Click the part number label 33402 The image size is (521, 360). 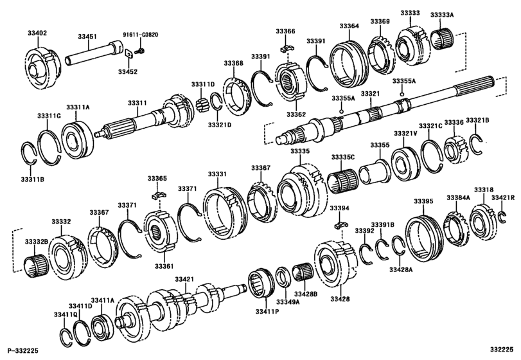coord(37,33)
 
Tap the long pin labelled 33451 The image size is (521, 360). coord(94,51)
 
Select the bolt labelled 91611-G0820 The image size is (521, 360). coord(141,51)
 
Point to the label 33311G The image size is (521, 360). coord(49,116)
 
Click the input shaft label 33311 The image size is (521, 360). coord(137,103)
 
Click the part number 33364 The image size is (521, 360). coord(349,26)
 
